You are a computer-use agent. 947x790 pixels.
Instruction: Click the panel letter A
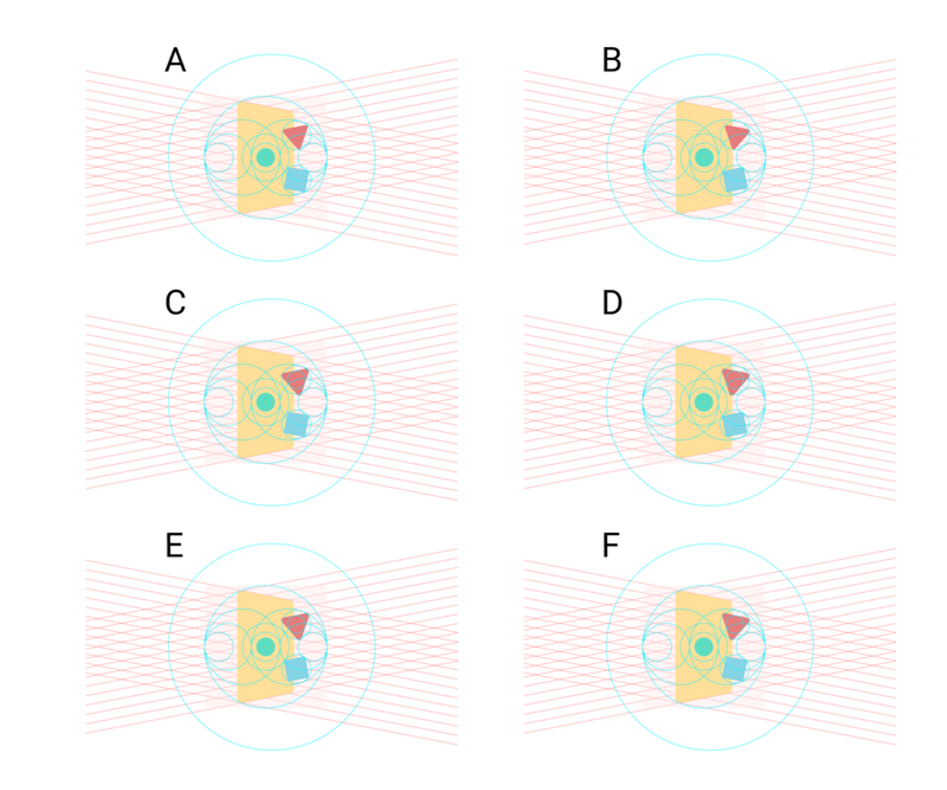tap(175, 61)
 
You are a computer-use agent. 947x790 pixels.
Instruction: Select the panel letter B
tap(612, 61)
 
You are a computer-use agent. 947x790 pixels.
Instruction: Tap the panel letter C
tap(175, 303)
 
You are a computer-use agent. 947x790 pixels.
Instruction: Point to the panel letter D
tap(612, 303)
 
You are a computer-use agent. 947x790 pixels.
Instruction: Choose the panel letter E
tap(174, 546)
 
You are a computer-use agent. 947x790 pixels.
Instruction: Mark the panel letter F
tap(610, 546)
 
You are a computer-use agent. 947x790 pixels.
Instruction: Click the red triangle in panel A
tap(296, 136)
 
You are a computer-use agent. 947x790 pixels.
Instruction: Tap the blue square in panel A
tap(297, 180)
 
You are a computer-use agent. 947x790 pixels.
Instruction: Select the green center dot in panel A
tap(265, 157)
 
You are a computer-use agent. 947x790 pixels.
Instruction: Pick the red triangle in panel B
tap(736, 136)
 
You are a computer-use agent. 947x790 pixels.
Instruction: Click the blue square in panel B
tap(735, 180)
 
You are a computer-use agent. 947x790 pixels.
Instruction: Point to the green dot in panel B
tap(704, 157)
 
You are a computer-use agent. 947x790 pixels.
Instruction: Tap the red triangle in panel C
tap(296, 380)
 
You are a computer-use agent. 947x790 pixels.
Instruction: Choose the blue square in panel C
tap(297, 424)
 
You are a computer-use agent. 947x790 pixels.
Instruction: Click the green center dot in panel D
tap(704, 402)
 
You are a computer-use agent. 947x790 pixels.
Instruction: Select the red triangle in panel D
tap(735, 380)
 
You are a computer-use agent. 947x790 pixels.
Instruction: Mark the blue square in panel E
tap(297, 669)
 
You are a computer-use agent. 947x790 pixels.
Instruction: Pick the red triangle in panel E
tap(297, 625)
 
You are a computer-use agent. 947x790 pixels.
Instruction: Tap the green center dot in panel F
tap(704, 647)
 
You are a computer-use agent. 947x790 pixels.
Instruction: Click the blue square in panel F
tap(735, 669)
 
